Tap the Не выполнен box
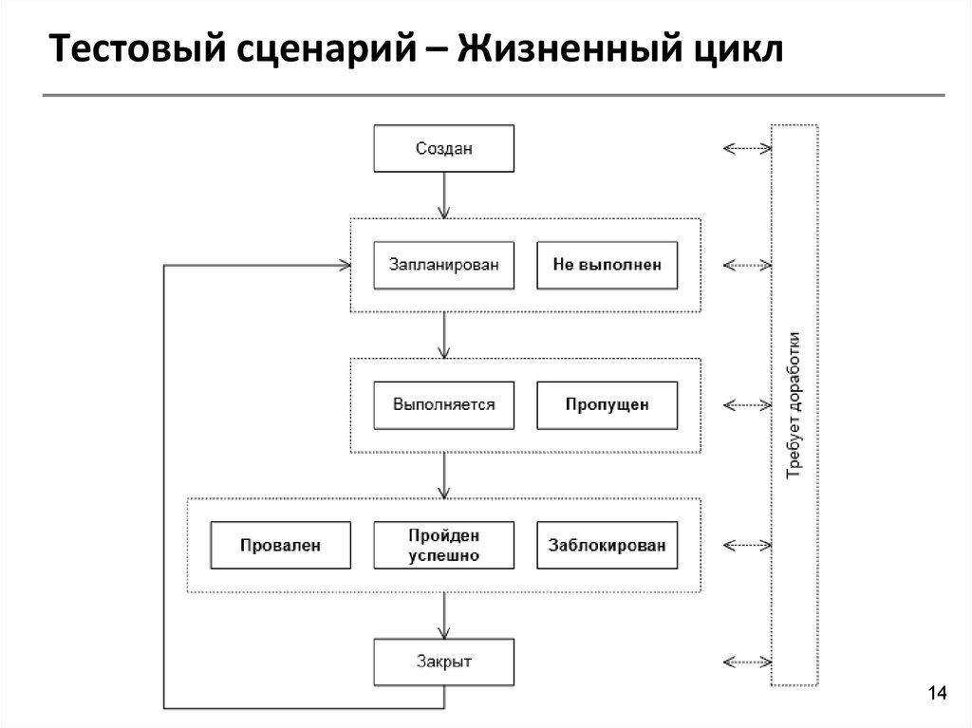(607, 265)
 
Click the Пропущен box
(607, 404)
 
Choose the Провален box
(280, 545)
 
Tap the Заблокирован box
(607, 545)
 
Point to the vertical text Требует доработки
(794, 404)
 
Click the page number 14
(938, 694)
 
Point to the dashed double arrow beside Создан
(747, 148)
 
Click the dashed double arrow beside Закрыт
(747, 662)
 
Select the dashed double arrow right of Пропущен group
(747, 404)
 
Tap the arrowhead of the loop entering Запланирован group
(345, 265)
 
